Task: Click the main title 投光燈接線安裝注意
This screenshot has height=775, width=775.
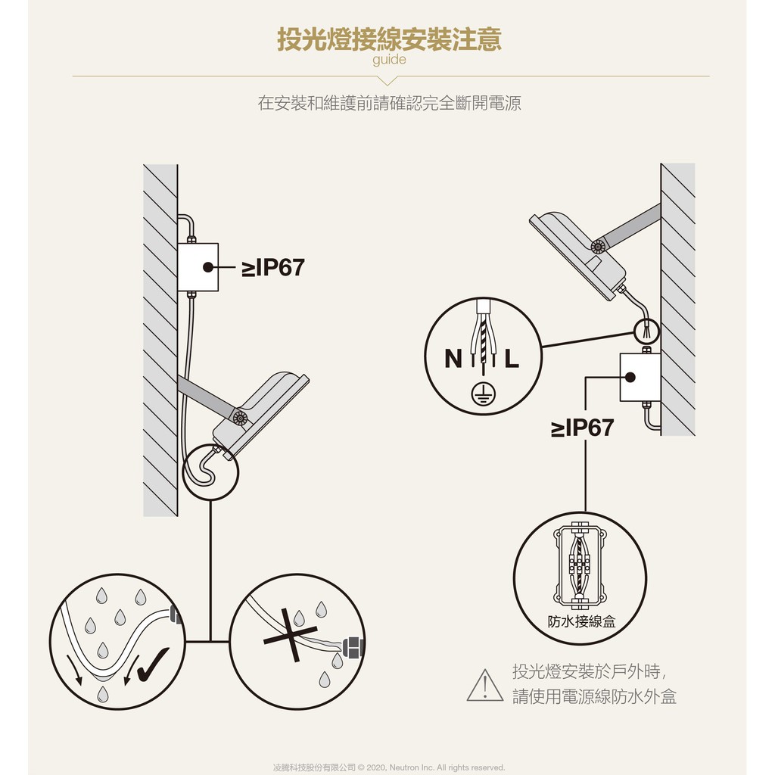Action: (390, 39)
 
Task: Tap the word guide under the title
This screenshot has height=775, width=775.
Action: (389, 60)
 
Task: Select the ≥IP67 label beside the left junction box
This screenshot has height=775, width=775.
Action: (272, 267)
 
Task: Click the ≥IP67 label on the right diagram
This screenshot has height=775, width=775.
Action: (582, 428)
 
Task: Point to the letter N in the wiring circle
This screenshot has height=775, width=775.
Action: (453, 358)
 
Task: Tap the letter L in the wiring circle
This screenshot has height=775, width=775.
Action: (512, 358)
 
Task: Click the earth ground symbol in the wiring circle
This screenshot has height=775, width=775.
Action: (483, 394)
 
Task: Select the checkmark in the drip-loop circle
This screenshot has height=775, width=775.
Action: (153, 665)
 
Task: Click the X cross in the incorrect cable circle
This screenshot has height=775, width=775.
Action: (290, 635)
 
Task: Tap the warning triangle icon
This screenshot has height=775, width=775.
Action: (485, 686)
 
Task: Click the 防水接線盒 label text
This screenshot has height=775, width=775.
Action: (581, 621)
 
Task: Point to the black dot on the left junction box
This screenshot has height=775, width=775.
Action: (208, 267)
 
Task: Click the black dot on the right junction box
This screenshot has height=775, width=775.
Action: (630, 377)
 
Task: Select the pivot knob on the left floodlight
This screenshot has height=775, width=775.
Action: (240, 418)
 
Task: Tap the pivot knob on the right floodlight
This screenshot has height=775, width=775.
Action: (598, 246)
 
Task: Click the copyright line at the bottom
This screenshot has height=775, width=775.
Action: (389, 767)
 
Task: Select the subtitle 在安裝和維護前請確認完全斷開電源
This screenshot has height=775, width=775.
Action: (390, 103)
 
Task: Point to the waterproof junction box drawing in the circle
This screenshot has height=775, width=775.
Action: (580, 565)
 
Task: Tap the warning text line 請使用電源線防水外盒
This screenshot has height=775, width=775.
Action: (594, 696)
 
